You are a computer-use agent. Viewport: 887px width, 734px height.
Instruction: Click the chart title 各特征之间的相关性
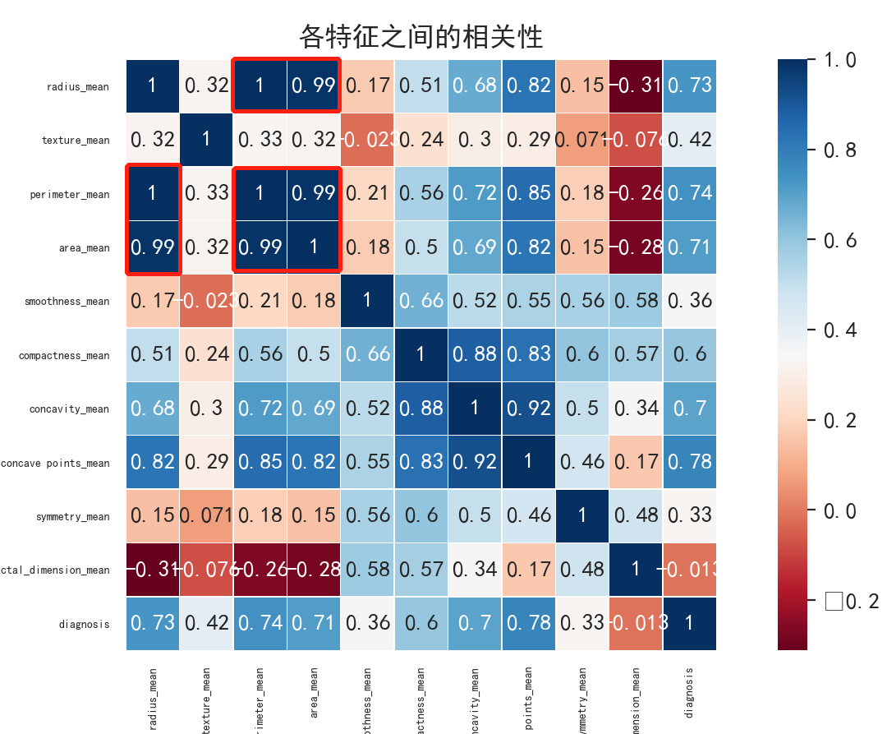click(421, 37)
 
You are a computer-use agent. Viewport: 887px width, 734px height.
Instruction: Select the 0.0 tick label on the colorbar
click(839, 511)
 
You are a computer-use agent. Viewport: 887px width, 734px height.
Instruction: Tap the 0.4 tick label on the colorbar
click(839, 330)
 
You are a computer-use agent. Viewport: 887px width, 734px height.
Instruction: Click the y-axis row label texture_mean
click(76, 140)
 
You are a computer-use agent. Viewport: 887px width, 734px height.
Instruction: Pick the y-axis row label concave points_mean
click(55, 463)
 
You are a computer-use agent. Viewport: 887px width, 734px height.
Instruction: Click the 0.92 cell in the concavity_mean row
click(528, 409)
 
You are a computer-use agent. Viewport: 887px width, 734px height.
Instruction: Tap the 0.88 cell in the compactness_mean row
click(475, 355)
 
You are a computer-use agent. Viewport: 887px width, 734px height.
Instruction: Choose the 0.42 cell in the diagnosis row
click(206, 623)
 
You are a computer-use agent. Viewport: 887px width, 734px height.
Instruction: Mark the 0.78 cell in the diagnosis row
click(528, 623)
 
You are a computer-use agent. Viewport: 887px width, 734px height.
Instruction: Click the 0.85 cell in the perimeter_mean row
click(528, 193)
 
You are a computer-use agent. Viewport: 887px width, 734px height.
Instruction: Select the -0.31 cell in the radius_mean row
click(636, 85)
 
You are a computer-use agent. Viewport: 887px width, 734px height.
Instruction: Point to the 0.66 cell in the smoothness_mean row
click(421, 301)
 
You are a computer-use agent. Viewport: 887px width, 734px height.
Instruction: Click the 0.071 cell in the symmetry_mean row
click(206, 516)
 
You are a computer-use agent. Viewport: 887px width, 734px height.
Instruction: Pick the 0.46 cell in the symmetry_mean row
click(528, 516)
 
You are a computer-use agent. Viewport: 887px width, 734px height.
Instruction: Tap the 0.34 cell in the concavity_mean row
click(636, 409)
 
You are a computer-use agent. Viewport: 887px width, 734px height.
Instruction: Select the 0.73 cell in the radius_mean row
click(689, 85)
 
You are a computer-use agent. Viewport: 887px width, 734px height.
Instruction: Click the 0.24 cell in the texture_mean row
click(421, 140)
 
